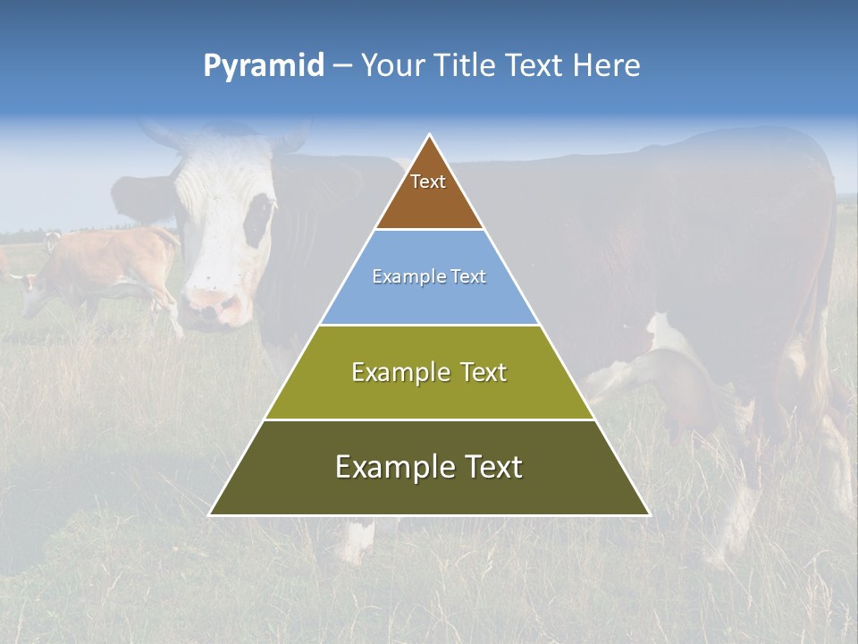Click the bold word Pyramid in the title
click(x=264, y=66)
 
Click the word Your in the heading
click(x=391, y=65)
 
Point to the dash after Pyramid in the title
click(x=342, y=66)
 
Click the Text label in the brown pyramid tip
click(x=428, y=182)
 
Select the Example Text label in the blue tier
click(x=429, y=276)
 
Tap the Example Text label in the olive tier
click(x=429, y=372)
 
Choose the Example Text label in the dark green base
click(x=429, y=467)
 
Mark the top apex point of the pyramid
click(x=430, y=135)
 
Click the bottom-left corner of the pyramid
click(x=210, y=514)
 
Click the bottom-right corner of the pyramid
click(x=649, y=514)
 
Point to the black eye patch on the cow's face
click(x=259, y=219)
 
